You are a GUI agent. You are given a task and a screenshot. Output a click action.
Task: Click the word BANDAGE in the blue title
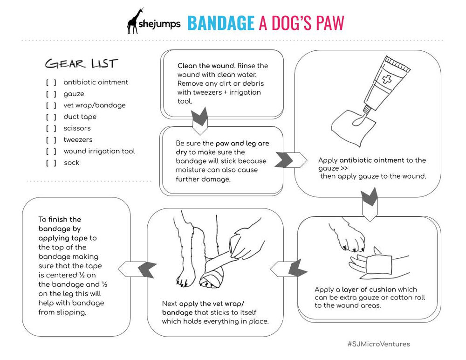pos(220,23)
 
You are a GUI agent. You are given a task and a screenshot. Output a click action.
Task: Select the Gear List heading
pos(81,63)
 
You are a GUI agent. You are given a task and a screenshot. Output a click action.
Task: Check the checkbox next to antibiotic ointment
pos(51,83)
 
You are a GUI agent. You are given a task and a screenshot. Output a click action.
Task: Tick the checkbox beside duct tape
pos(51,117)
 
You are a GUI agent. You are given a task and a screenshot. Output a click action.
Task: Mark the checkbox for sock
pos(51,163)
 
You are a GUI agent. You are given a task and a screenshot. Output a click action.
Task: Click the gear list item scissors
pos(77,128)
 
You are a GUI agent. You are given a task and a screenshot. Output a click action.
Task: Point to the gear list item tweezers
pos(78,140)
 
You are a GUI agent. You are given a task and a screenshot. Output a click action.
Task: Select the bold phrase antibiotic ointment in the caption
pos(371,160)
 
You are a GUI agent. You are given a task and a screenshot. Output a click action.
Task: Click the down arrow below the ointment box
pos(370,200)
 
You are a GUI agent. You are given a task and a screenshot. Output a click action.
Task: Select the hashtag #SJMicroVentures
pos(378,344)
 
